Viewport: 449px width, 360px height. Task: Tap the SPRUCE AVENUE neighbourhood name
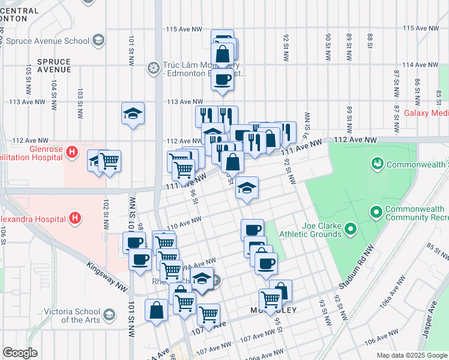[53, 65]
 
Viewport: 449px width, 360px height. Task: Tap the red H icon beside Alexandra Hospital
[76, 217]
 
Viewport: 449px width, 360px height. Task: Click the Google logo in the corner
[20, 353]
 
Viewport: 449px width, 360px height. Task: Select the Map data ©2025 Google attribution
[412, 355]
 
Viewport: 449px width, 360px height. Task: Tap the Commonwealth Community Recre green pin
[376, 211]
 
